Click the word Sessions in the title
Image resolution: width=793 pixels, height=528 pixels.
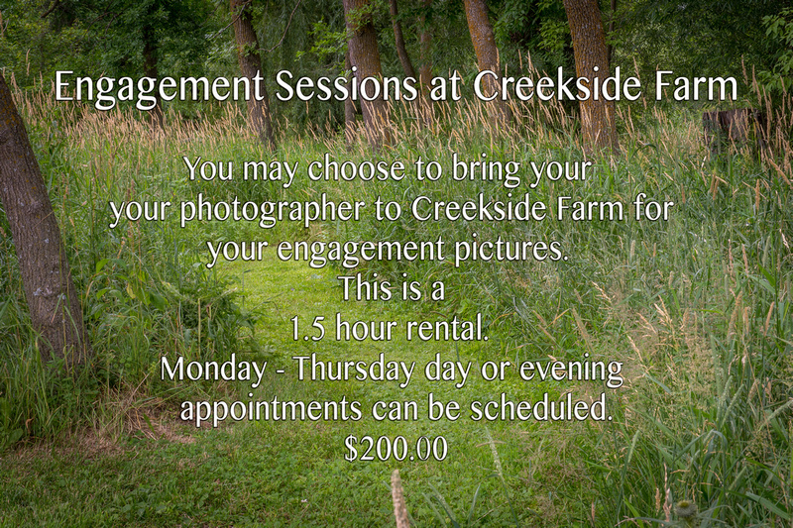coord(346,85)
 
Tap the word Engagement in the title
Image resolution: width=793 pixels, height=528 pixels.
coord(159,88)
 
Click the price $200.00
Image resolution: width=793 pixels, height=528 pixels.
coord(396,448)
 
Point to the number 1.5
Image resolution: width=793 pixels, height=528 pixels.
coord(307,329)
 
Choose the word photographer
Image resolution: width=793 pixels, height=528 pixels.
coord(273,210)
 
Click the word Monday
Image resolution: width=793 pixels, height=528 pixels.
coord(213,370)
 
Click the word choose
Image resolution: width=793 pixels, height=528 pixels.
coord(356,168)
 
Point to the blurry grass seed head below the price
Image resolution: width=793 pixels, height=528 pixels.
coord(400,497)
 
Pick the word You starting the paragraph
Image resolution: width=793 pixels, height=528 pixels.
coord(208,168)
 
